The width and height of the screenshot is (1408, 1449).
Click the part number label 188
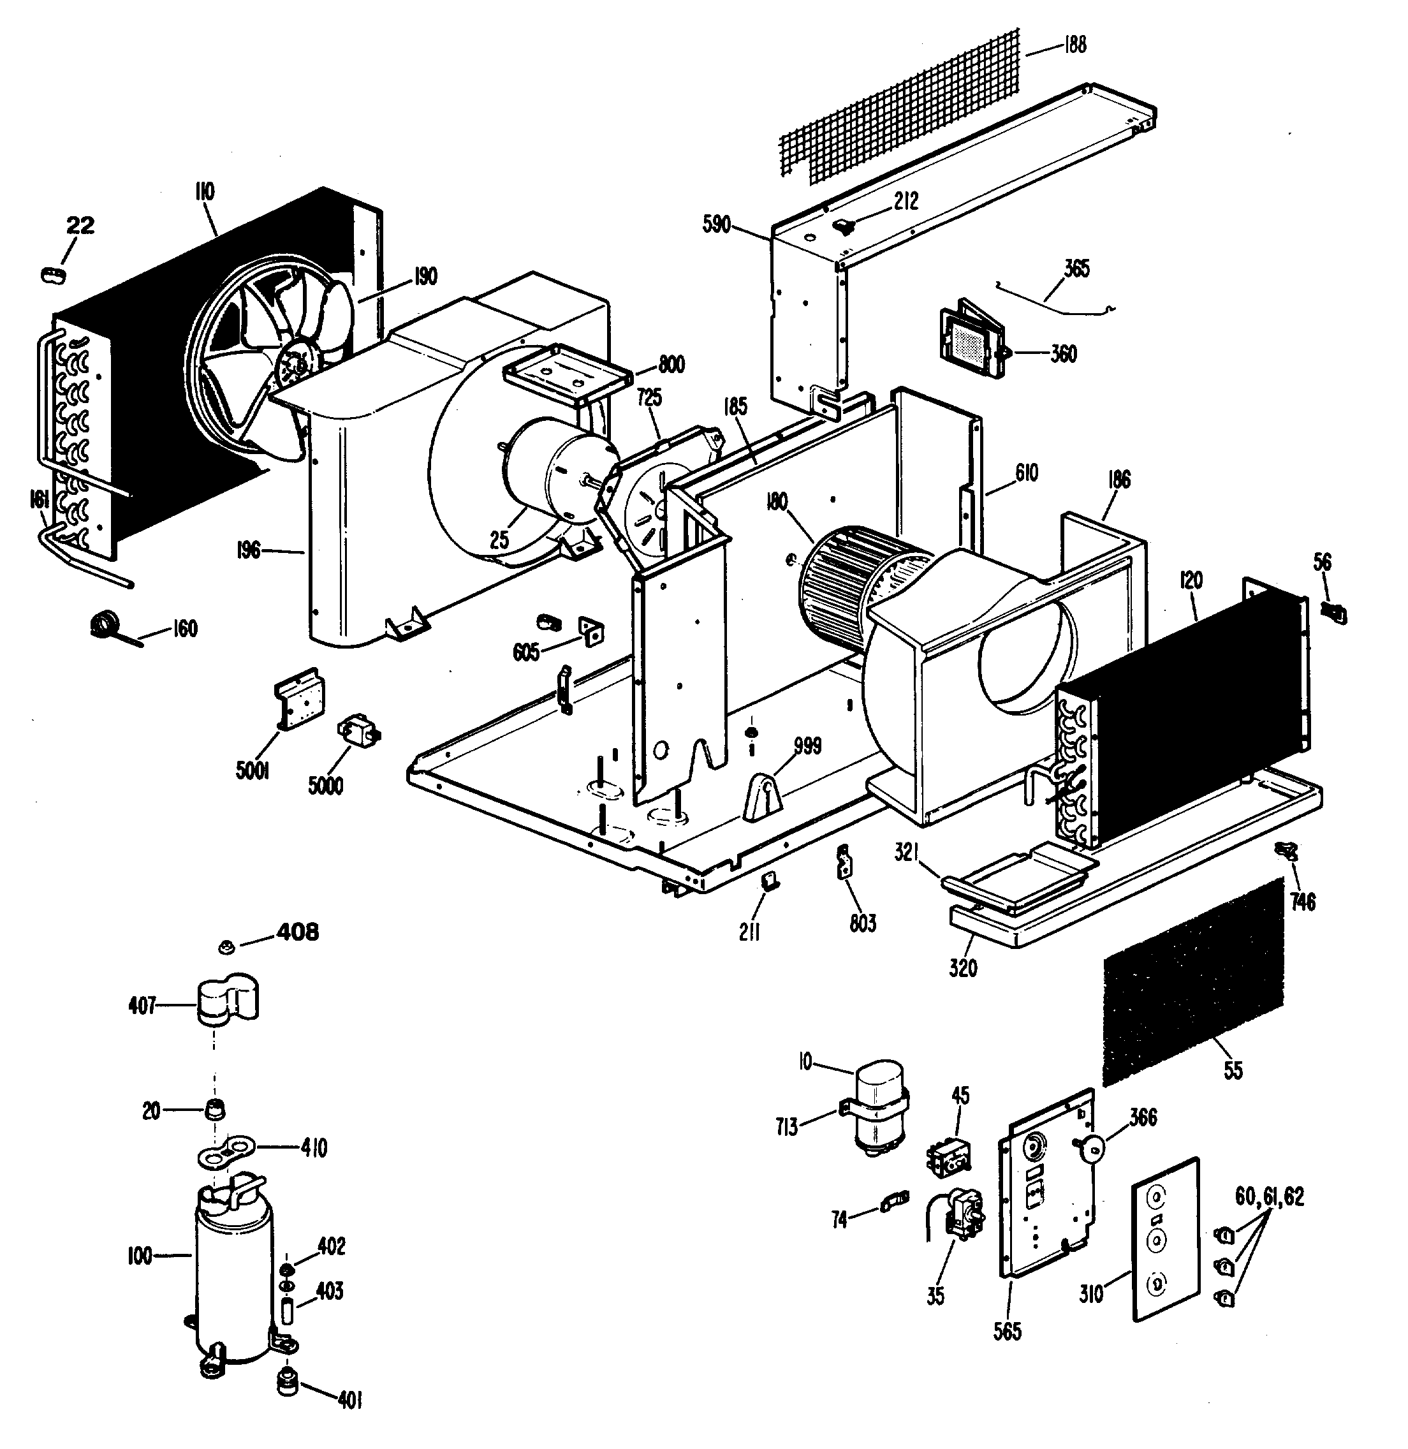(x=1074, y=45)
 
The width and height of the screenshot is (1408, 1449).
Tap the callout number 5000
(x=325, y=785)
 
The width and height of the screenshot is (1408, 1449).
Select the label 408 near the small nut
(x=297, y=932)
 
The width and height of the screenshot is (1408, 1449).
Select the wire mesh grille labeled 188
(x=902, y=111)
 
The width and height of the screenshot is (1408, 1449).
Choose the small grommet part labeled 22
(x=53, y=275)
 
